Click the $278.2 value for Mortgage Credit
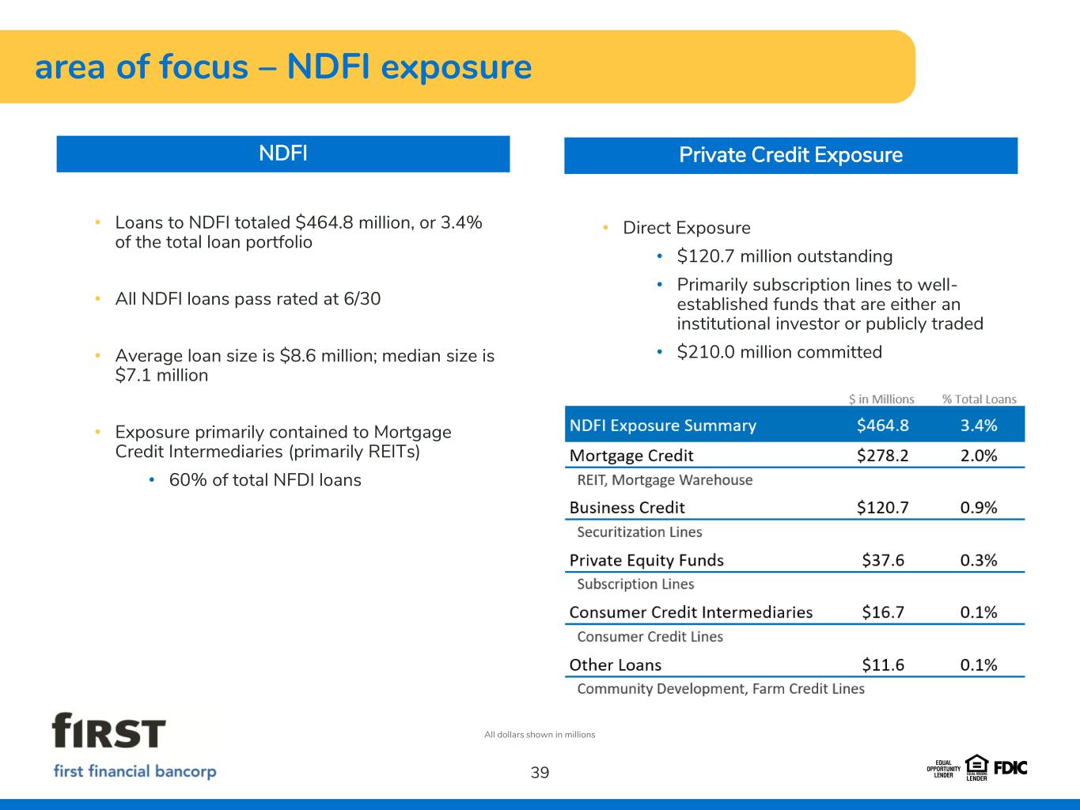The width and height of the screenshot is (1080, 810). (x=883, y=456)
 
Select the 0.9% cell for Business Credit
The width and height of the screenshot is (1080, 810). (x=979, y=508)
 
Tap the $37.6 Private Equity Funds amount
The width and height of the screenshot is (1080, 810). (x=883, y=560)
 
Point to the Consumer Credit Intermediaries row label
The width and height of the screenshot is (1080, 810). (x=691, y=612)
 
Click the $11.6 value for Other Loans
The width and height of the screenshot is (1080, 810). (x=883, y=665)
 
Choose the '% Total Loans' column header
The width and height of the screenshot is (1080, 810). (x=980, y=399)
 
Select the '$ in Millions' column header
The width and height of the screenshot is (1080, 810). (x=881, y=399)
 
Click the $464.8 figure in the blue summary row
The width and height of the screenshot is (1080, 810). (x=883, y=425)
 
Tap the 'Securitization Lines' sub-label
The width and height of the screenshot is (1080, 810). (x=639, y=532)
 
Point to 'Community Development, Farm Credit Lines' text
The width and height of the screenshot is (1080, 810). (x=721, y=688)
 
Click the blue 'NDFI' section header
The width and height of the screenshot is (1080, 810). (x=283, y=154)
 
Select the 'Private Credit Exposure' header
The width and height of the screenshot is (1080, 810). (x=790, y=155)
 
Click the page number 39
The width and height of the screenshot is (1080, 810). (x=540, y=773)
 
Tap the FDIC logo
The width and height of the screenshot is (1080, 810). (x=1010, y=768)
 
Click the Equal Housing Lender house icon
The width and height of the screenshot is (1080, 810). (x=976, y=766)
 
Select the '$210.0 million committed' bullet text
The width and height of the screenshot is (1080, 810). (x=779, y=352)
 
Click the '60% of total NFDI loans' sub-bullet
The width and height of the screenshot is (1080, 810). (x=265, y=480)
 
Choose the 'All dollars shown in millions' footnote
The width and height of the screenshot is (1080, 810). (x=540, y=734)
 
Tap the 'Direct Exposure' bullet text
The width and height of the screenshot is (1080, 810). (x=687, y=228)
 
